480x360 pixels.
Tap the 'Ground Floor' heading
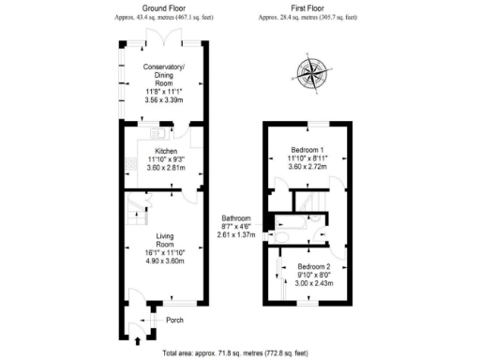pyautogui.click(x=161, y=7)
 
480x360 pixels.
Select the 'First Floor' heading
pyautogui.click(x=309, y=7)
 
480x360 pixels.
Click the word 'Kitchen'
pyautogui.click(x=165, y=150)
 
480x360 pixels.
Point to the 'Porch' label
pyautogui.click(x=174, y=321)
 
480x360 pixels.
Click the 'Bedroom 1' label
pyautogui.click(x=307, y=151)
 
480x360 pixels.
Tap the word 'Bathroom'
pyautogui.click(x=235, y=217)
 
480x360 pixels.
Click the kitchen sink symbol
pyautogui.click(x=153, y=133)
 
